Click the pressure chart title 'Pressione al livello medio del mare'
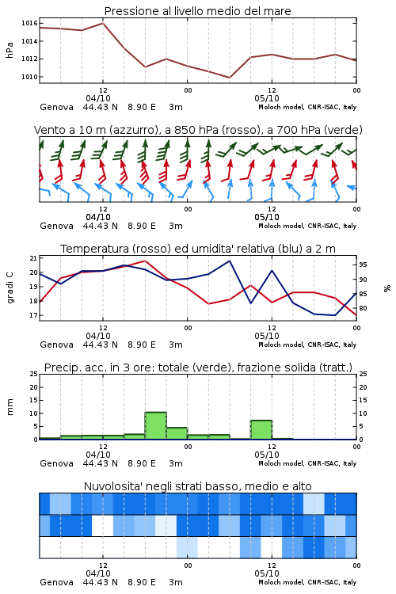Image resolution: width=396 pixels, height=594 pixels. tap(197, 11)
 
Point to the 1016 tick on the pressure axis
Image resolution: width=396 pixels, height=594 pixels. tap(29, 24)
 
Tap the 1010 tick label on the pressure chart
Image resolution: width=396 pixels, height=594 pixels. tap(29, 77)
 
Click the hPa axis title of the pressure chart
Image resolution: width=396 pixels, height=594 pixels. tap(10, 50)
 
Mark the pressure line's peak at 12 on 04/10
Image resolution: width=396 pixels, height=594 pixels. tap(103, 23)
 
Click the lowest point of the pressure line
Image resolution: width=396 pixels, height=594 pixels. tap(229, 78)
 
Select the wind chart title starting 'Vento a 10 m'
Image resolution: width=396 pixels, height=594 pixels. tap(198, 130)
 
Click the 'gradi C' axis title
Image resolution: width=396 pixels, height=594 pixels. tap(10, 287)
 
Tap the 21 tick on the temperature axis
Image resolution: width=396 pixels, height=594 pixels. tap(33, 258)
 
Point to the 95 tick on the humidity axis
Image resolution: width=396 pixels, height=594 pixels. tap(363, 265)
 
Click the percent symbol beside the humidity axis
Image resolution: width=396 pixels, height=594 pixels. tap(387, 288)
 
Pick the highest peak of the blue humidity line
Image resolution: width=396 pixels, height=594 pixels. tap(229, 261)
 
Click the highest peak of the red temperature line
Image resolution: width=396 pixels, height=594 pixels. tap(145, 261)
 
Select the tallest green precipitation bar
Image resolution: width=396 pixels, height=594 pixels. tap(156, 426)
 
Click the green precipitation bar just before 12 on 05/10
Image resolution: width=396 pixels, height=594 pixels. tap(261, 430)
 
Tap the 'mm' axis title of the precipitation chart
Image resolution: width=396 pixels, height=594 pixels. tap(10, 406)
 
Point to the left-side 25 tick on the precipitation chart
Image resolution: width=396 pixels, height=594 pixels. tap(33, 374)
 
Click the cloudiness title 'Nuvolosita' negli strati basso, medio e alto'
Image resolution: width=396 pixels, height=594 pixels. tap(197, 486)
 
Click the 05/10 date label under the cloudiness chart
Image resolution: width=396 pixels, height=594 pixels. tap(267, 573)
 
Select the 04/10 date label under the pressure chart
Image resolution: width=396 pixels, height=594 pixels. tap(98, 98)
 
